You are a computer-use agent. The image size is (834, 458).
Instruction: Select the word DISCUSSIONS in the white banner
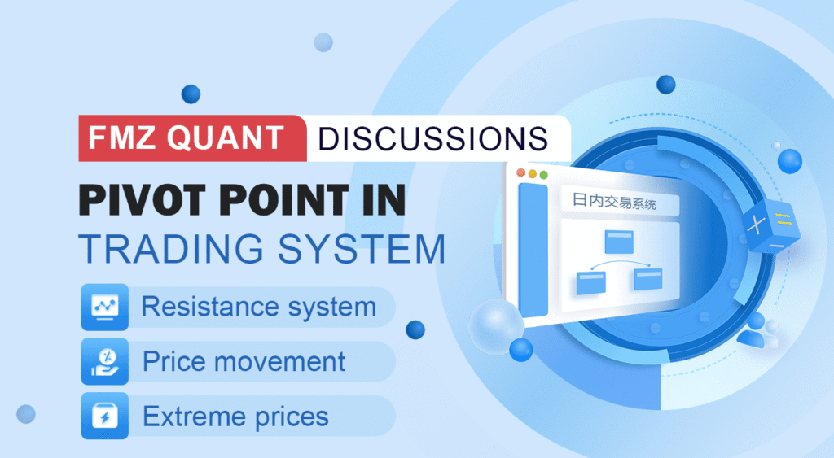click(x=432, y=138)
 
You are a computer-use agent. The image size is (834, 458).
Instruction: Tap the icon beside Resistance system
click(x=104, y=308)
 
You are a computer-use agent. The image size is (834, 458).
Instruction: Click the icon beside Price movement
click(x=104, y=362)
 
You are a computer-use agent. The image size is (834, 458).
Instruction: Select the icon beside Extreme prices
click(x=104, y=416)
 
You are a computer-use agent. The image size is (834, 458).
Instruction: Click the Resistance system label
click(x=258, y=308)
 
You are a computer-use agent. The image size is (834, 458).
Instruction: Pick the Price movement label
click(x=244, y=362)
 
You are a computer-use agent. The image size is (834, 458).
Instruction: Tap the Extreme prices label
click(x=235, y=417)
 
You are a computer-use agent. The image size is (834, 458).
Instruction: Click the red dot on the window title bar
click(x=520, y=172)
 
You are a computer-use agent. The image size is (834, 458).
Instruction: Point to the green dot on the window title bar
click(x=543, y=175)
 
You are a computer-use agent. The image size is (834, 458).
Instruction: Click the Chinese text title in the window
click(x=620, y=203)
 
